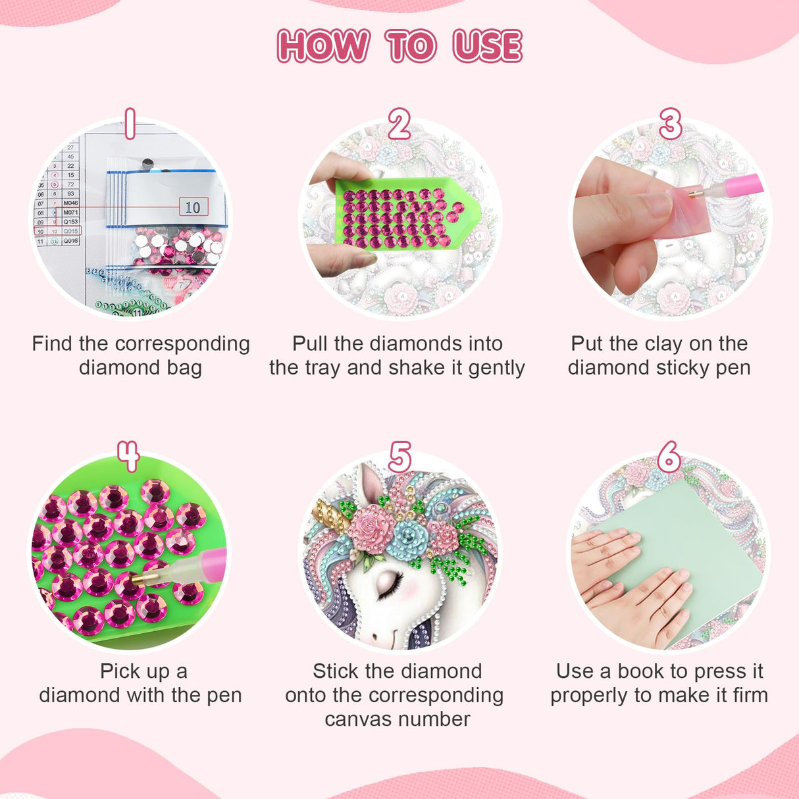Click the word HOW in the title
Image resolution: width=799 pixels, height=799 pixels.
[323, 45]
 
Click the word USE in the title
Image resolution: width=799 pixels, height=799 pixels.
[487, 45]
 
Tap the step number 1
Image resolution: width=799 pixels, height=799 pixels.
[130, 124]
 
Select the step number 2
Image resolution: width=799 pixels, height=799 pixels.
[399, 124]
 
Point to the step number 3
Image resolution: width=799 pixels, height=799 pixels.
[671, 124]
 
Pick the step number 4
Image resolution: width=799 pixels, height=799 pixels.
[128, 456]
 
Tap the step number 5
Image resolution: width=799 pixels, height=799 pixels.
[399, 456]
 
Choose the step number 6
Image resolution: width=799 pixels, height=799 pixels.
[669, 456]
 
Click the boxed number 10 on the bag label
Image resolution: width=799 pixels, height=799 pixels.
[193, 207]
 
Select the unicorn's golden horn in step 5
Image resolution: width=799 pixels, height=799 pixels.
[331, 515]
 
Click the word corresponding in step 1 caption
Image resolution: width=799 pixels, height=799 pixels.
[182, 344]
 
